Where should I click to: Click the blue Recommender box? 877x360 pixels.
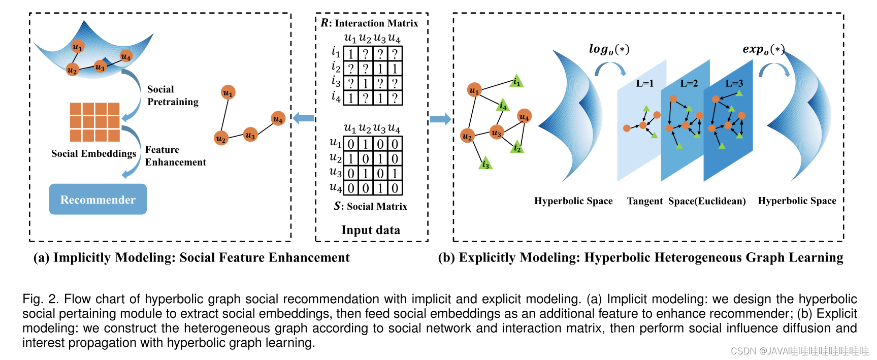tap(98, 199)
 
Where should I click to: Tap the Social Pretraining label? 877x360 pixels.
tap(173, 95)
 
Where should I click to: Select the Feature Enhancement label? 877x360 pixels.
tap(175, 156)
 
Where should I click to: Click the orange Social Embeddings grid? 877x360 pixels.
tap(95, 122)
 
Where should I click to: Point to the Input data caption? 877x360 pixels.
tap(370, 230)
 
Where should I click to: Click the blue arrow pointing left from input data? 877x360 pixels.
tap(303, 118)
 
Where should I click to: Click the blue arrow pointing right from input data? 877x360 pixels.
tap(440, 119)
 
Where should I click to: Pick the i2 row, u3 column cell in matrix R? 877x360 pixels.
tap(380, 69)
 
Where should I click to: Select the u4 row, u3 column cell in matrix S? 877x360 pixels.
tap(380, 188)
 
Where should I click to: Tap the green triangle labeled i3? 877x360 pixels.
tap(485, 164)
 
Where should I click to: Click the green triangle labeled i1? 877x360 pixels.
tap(516, 81)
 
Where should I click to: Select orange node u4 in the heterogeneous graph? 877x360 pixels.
tap(524, 117)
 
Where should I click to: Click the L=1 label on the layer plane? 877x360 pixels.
tap(644, 83)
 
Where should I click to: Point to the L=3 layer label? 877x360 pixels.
tap(734, 83)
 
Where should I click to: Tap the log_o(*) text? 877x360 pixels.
tap(609, 49)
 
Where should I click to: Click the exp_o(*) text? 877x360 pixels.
tap(763, 49)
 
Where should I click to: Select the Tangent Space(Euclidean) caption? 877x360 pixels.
tap(686, 201)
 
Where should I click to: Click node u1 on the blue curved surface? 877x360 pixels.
tap(77, 47)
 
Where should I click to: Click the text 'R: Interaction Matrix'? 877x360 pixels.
tap(370, 23)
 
